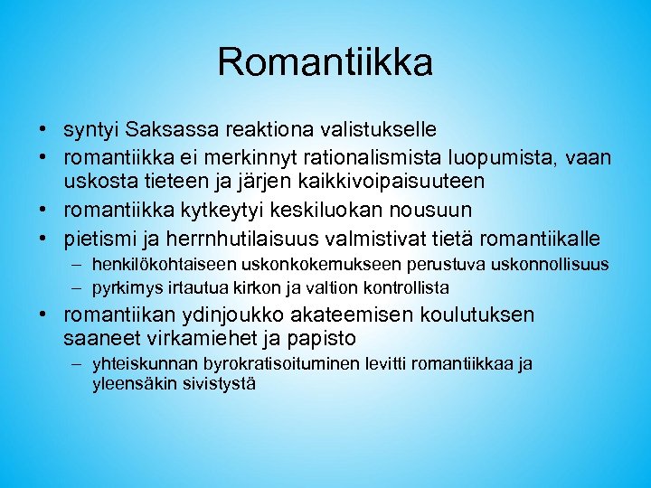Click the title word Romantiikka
point(325,62)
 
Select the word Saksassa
point(165,131)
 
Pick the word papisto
point(325,339)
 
